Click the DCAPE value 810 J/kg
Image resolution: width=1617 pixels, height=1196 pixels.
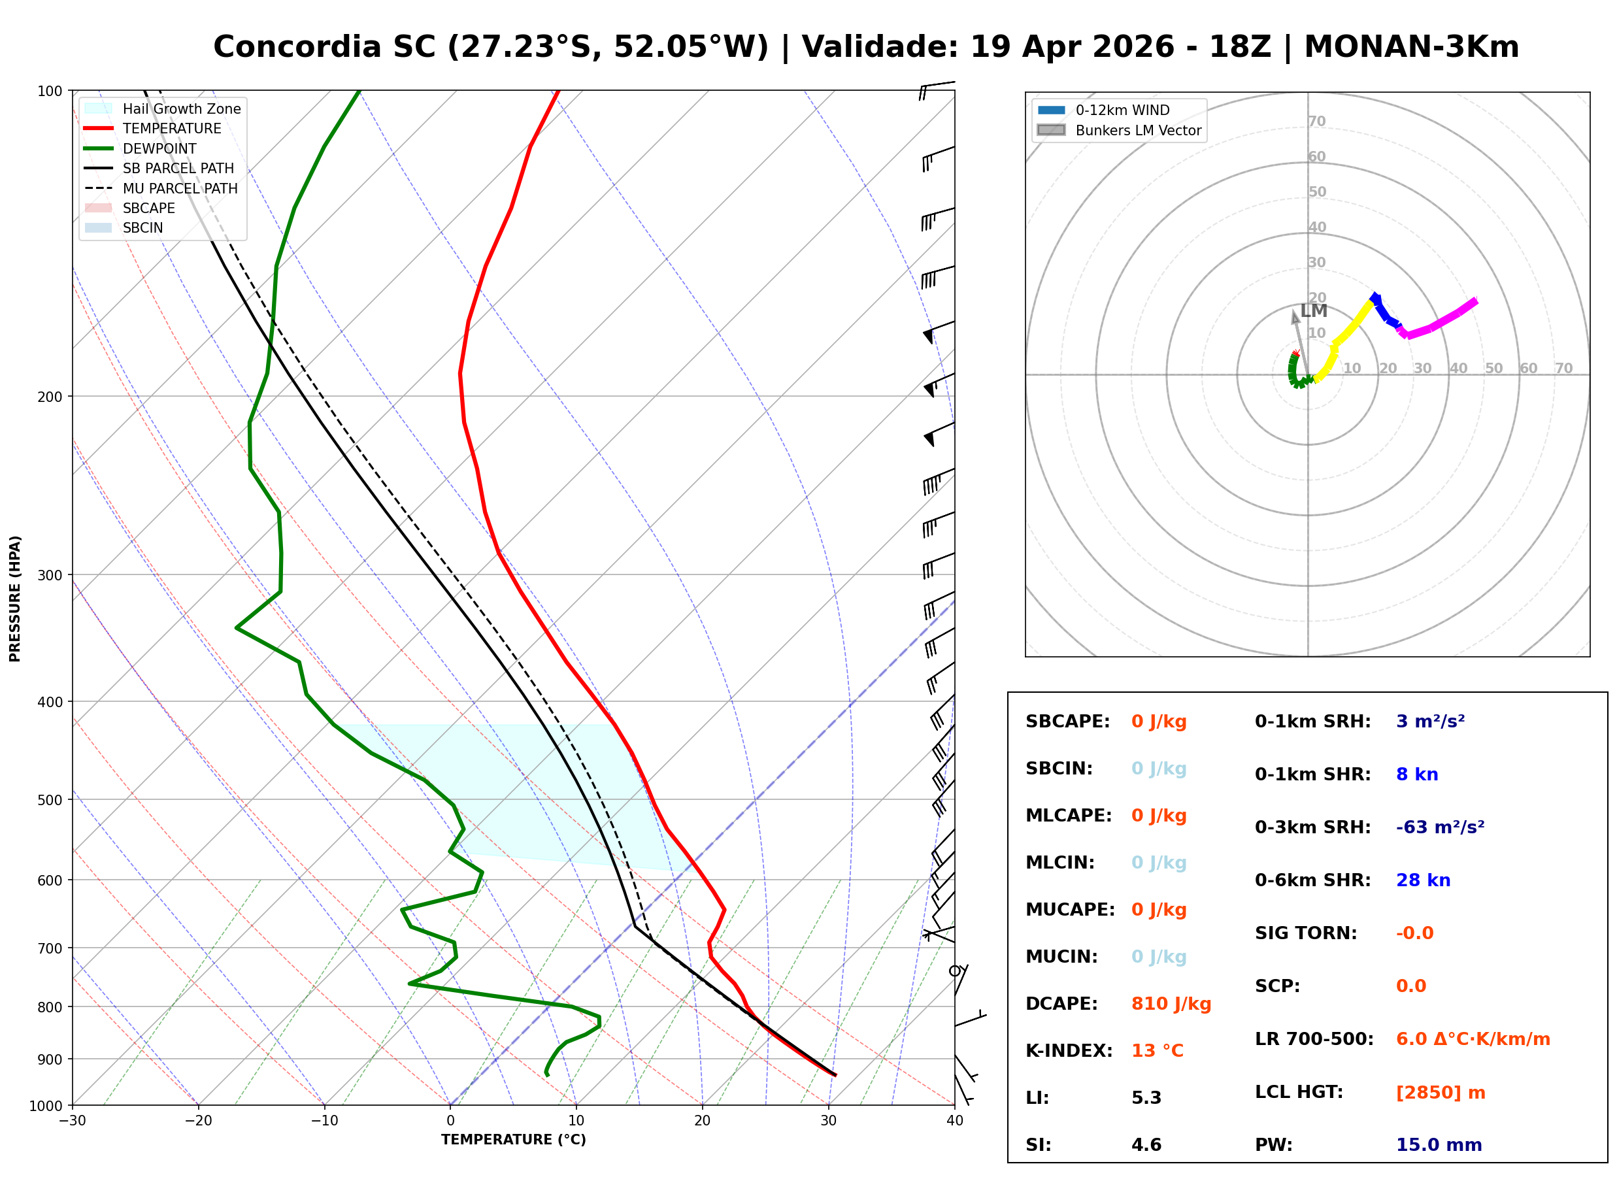coord(1171,1004)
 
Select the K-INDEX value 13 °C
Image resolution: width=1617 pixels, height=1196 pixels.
coord(1158,1051)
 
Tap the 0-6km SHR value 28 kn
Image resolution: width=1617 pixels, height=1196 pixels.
coord(1423,880)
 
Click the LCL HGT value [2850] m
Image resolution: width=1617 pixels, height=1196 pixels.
coord(1441,1093)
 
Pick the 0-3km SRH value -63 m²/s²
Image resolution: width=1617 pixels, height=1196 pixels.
coord(1440,827)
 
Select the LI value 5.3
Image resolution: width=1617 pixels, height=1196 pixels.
coord(1146,1098)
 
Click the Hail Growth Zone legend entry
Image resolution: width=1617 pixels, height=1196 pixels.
coord(163,108)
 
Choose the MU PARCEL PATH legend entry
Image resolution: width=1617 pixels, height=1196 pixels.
coord(161,188)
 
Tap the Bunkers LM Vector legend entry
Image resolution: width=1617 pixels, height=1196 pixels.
coord(1119,130)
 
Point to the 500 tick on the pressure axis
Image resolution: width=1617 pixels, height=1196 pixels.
coord(49,800)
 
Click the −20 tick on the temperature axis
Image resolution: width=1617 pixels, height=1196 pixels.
coord(198,1121)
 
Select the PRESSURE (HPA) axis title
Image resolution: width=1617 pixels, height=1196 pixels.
coord(14,599)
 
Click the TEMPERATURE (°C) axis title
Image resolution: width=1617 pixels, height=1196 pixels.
coord(513,1140)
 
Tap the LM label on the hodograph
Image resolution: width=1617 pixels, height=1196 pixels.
coord(1313,311)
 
